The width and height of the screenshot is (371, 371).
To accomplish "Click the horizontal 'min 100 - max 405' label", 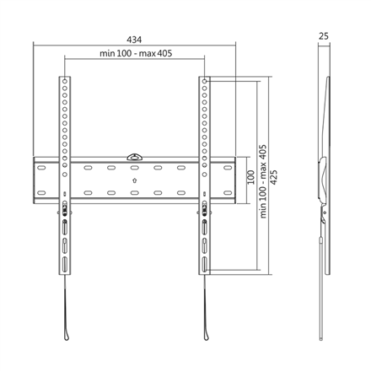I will click(x=134, y=54).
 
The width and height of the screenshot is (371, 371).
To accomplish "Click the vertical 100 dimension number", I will click(x=250, y=178).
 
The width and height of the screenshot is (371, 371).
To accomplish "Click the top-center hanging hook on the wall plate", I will click(x=135, y=156).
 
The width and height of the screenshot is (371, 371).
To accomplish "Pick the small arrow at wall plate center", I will click(x=135, y=179).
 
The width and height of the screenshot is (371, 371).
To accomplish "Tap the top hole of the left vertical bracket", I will click(x=63, y=83).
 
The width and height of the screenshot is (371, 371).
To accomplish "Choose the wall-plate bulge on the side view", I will click(x=320, y=177).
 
